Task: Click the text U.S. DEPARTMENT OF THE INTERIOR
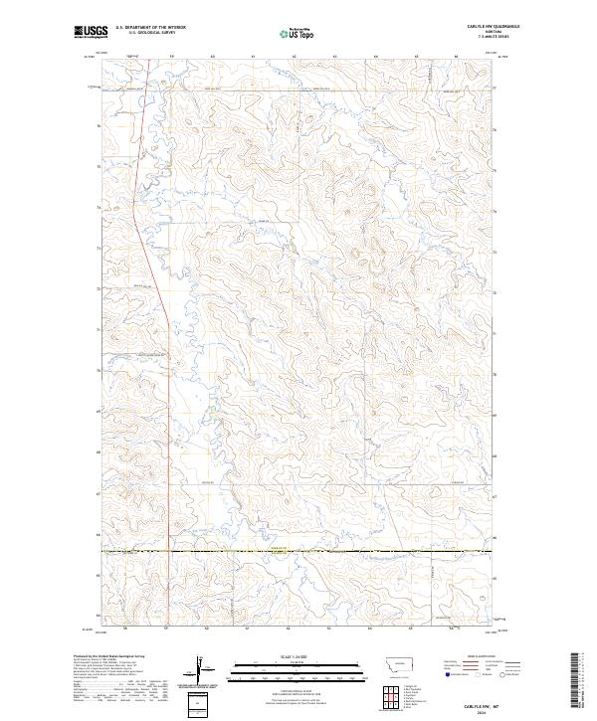pyautogui.click(x=150, y=29)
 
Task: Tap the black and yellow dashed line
pyautogui.click(x=298, y=550)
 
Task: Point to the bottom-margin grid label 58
pyautogui.click(x=126, y=629)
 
